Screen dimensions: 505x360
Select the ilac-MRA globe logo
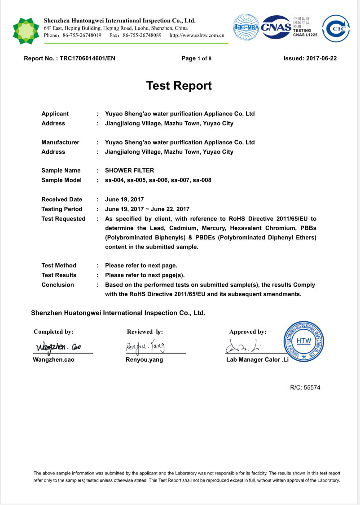246,27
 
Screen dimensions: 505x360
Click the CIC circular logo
336,29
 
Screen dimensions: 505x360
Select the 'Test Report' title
179,85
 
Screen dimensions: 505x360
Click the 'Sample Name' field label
61,170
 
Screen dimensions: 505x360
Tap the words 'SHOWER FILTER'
129,170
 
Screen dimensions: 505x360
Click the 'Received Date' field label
62,199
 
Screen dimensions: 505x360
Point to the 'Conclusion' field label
58,284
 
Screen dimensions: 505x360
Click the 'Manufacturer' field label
60,142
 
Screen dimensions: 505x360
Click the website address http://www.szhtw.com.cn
197,35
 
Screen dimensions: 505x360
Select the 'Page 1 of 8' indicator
196,58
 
